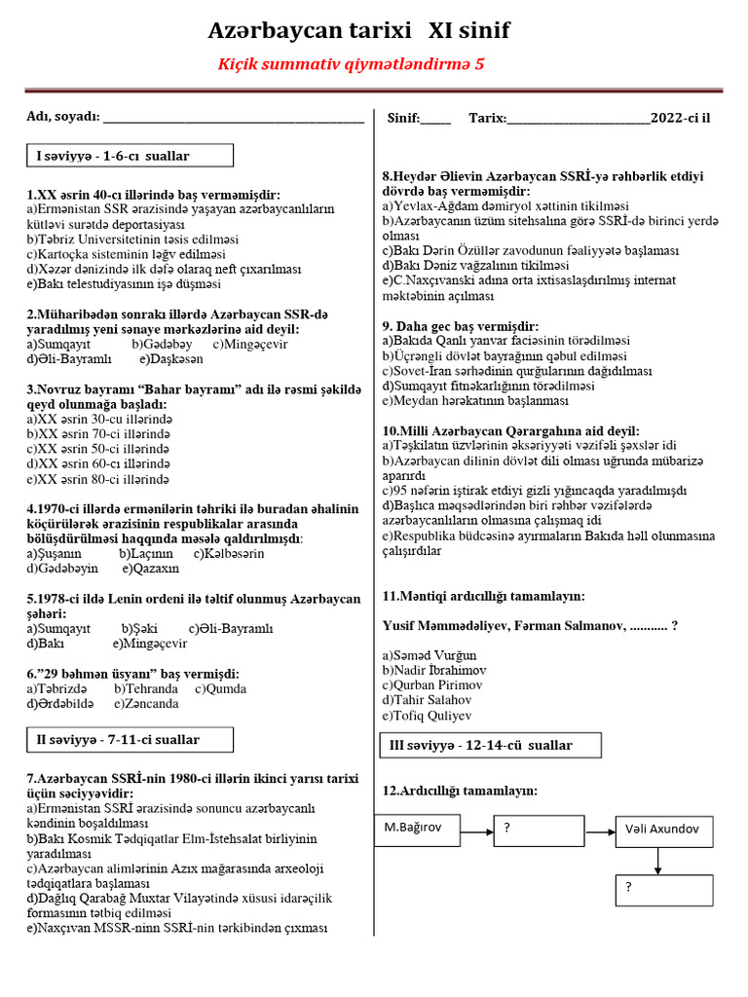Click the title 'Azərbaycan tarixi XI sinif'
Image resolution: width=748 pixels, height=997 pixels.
358,32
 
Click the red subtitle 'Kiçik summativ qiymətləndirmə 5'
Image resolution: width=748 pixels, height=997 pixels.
350,64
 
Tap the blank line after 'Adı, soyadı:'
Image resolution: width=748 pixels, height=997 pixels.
233,119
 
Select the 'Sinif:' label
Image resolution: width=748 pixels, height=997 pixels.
403,118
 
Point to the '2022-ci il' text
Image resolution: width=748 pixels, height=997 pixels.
681,118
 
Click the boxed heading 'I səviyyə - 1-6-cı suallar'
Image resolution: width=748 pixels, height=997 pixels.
130,156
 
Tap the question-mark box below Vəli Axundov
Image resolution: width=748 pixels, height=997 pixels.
662,888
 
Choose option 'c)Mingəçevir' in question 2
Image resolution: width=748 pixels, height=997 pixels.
250,344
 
